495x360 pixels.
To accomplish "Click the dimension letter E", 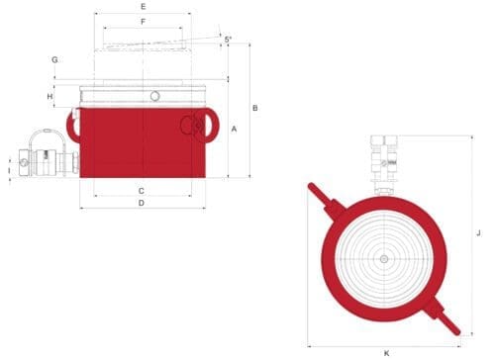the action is coord(143,6).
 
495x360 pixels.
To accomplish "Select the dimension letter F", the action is coord(144,22).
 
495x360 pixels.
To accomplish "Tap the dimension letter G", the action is coord(54,59).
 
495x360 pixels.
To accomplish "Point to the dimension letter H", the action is coord(49,96).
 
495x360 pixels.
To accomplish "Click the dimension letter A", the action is coord(234,129).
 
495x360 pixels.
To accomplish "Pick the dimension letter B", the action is coord(255,108).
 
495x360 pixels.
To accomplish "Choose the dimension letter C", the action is coord(142,191).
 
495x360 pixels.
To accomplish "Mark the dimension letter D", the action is coord(142,203).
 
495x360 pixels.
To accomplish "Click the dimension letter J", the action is coord(478,233).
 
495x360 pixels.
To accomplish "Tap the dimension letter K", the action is coord(387,353).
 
